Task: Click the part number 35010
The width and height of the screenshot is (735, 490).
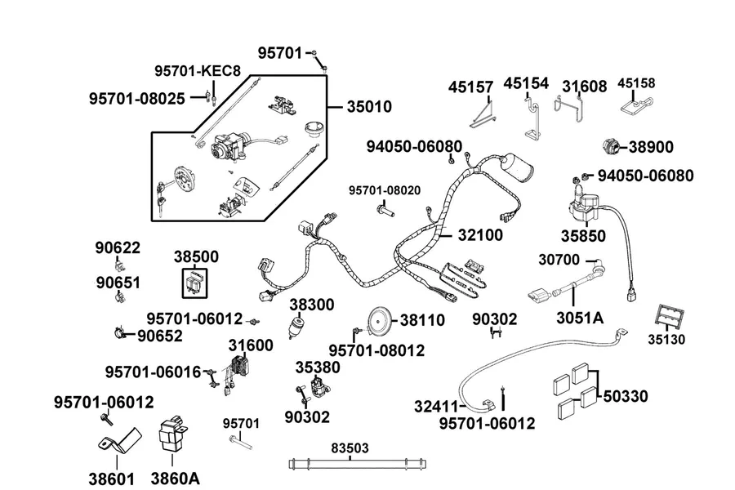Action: click(x=369, y=107)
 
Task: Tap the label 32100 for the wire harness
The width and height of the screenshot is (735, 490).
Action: click(x=480, y=235)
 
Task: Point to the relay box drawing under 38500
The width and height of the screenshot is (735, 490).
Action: click(x=194, y=283)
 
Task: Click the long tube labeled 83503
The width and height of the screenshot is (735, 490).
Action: click(x=358, y=464)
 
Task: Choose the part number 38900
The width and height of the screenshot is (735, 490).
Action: click(x=651, y=147)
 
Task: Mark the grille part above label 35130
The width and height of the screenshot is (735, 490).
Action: click(x=669, y=318)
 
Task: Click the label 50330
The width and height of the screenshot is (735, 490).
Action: click(x=626, y=396)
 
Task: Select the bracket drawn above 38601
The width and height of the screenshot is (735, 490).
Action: click(x=119, y=442)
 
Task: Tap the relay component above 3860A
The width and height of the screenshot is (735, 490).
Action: click(x=172, y=434)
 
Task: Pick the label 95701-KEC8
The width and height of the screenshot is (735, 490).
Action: click(x=198, y=71)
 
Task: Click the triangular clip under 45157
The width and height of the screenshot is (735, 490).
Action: click(x=483, y=116)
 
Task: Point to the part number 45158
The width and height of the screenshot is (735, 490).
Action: click(x=636, y=83)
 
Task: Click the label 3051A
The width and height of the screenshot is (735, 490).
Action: click(x=580, y=318)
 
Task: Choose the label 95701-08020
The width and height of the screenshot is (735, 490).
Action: click(x=385, y=190)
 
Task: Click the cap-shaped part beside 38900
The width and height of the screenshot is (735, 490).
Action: click(x=610, y=147)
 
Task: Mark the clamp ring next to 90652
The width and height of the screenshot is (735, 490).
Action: click(x=119, y=333)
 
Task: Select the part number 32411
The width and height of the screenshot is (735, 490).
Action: click(x=436, y=407)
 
